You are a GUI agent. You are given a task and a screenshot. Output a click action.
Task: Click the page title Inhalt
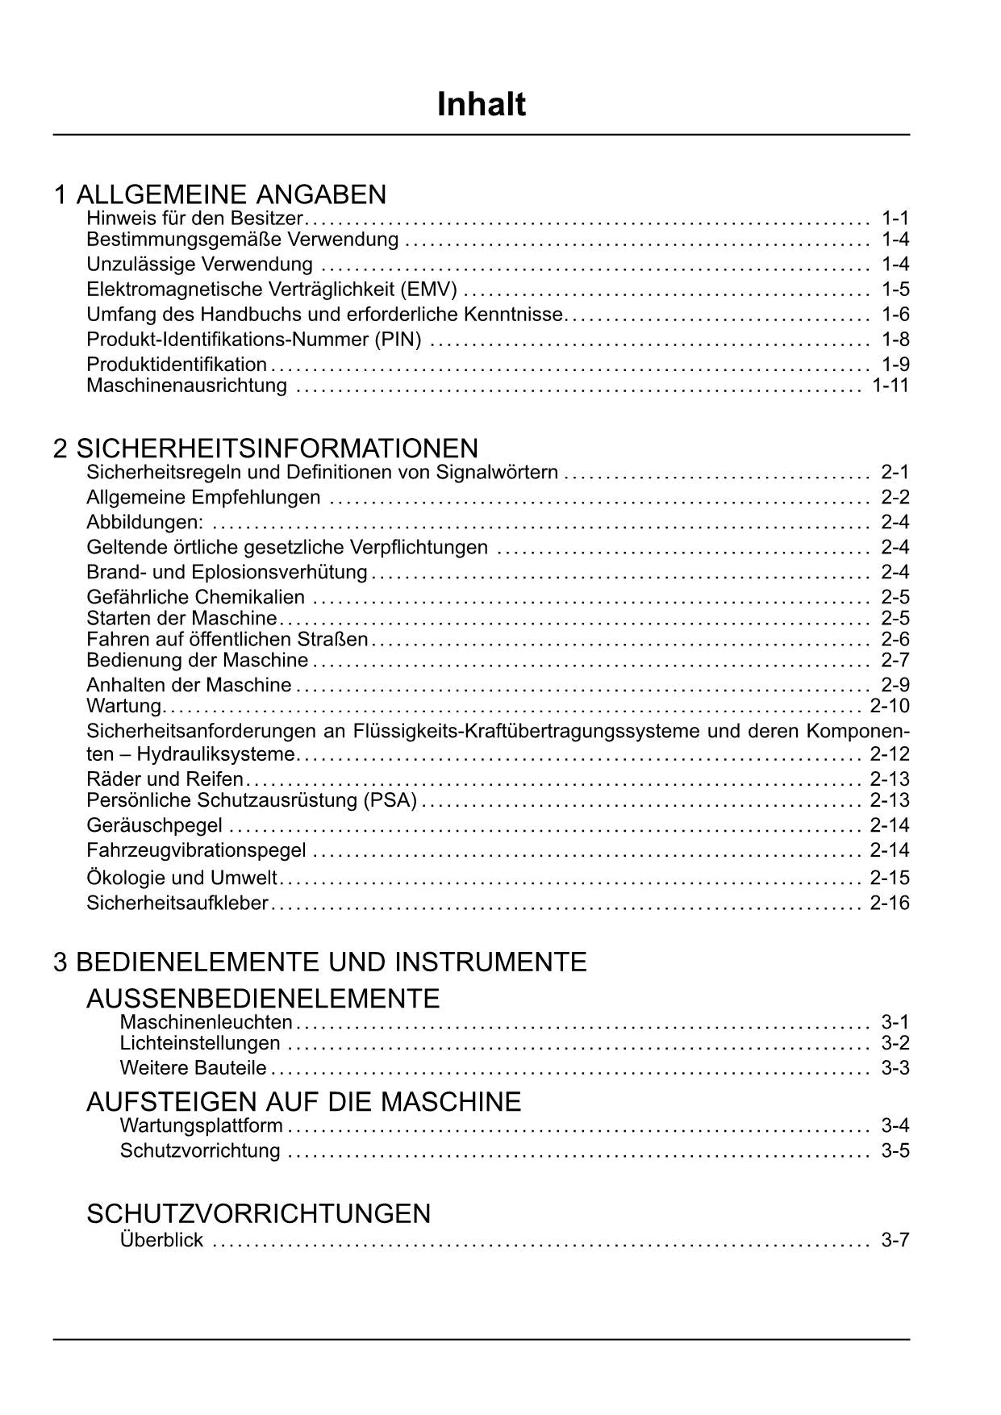[481, 105]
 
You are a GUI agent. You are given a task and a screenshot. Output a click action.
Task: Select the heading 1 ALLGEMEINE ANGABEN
[219, 194]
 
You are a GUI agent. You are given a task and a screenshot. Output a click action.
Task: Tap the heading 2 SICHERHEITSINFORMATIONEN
[265, 448]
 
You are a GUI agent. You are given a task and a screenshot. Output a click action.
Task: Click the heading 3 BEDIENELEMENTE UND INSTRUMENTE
[319, 962]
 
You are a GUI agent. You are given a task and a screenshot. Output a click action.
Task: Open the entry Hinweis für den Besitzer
[194, 219]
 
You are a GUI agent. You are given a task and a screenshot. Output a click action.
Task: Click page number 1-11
[890, 386]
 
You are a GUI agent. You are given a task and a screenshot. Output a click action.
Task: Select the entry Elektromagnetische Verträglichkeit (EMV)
[272, 290]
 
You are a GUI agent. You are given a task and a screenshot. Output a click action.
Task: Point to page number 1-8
[895, 340]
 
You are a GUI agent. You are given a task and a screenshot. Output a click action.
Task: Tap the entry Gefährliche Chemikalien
[196, 598]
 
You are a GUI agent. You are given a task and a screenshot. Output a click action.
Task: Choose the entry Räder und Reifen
[165, 779]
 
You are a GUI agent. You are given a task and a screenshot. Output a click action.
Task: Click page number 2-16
[889, 903]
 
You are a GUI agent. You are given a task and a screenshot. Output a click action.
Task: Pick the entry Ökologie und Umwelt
[181, 878]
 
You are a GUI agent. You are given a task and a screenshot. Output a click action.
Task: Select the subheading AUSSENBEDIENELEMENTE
[263, 999]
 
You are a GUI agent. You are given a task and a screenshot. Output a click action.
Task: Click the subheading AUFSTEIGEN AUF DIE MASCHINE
[303, 1101]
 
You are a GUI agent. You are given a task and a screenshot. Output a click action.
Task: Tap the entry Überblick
[161, 1240]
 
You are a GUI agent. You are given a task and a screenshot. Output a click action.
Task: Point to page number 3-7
[895, 1240]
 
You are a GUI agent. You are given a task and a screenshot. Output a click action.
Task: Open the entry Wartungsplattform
[201, 1125]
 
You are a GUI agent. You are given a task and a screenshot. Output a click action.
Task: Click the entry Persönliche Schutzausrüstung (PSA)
[252, 800]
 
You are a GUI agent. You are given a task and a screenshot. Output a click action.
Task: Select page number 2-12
[889, 754]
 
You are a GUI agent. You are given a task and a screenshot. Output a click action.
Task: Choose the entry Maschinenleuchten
[206, 1023]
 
